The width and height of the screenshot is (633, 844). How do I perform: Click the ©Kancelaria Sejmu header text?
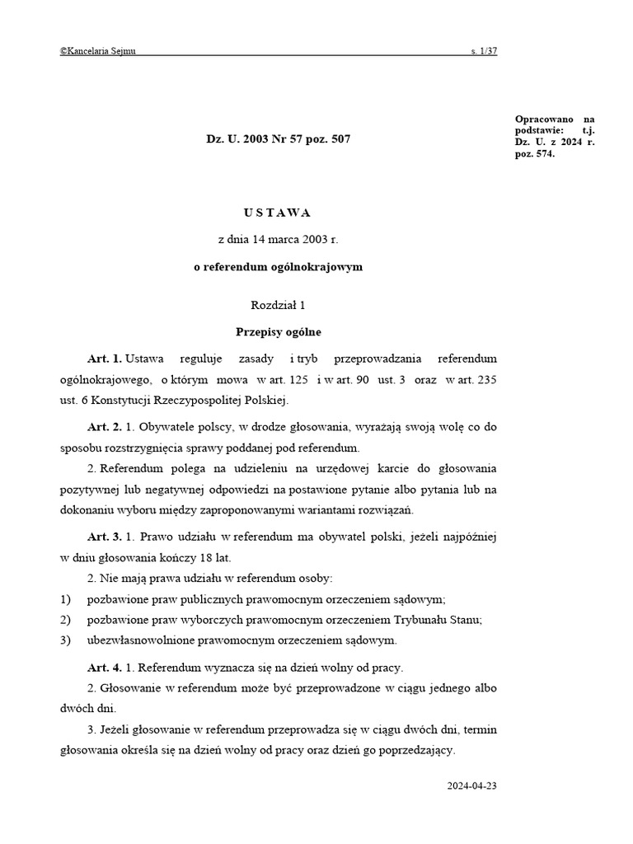(x=98, y=51)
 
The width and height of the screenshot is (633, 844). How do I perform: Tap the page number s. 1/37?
(x=484, y=51)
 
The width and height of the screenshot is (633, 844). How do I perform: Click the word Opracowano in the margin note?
(x=542, y=120)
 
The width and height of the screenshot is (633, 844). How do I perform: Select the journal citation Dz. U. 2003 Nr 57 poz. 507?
(x=278, y=139)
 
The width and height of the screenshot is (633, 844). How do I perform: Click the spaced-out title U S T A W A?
(x=278, y=213)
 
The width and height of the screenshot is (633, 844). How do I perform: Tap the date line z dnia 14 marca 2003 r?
(x=278, y=240)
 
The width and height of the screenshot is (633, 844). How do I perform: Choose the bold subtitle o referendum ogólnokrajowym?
(x=278, y=268)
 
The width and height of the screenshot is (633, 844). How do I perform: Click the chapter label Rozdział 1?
(x=278, y=305)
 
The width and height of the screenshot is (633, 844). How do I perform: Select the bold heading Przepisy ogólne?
(x=278, y=332)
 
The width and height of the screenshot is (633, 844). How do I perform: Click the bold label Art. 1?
(x=105, y=359)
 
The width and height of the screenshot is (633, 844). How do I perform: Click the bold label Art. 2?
(x=105, y=428)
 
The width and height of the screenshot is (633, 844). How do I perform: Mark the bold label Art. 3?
(x=105, y=537)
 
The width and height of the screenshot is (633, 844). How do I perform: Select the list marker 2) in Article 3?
(x=65, y=620)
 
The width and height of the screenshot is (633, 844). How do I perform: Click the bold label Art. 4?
(x=105, y=668)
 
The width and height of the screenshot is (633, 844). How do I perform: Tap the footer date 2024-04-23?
(x=472, y=785)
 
